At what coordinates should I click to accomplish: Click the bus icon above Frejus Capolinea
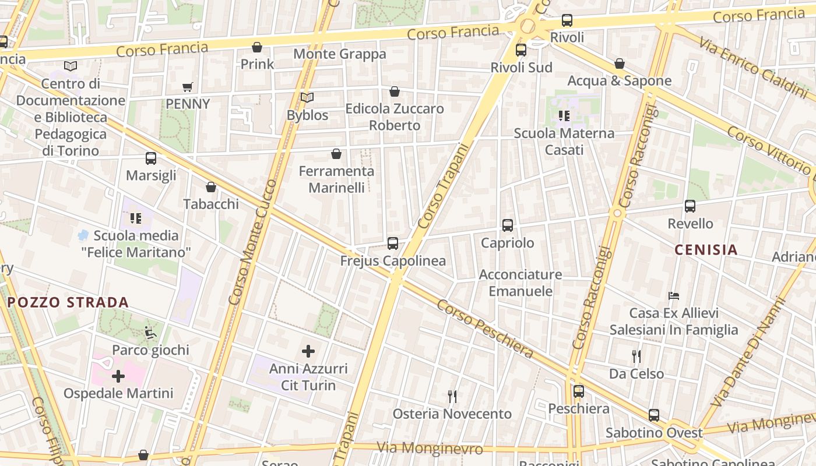tap(393, 243)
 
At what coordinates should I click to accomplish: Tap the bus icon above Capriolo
tap(508, 225)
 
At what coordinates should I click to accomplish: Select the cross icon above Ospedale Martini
tap(118, 376)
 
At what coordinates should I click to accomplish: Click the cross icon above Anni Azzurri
tap(308, 351)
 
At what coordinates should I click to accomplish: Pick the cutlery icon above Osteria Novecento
tap(452, 397)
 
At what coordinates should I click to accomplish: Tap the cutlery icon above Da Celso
tap(636, 356)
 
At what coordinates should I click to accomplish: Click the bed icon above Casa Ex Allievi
tap(674, 295)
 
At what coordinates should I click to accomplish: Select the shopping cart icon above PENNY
tap(188, 87)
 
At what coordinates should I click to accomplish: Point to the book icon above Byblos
tap(307, 98)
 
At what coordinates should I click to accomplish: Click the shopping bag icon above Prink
tap(257, 47)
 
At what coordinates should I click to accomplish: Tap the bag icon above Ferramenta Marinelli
tap(336, 154)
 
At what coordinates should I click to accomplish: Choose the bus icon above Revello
tap(690, 206)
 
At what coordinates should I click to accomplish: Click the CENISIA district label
tap(706, 250)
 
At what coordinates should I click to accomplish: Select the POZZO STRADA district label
tap(68, 302)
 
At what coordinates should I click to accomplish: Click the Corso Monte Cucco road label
tap(253, 242)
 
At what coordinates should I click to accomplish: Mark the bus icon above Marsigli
tap(151, 158)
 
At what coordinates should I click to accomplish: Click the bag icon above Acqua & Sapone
tap(620, 63)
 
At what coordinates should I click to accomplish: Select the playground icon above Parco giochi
tap(150, 333)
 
